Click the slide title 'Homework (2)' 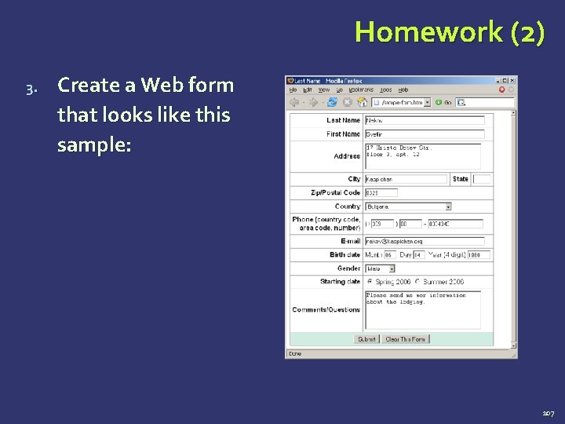[449, 32]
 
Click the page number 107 [548, 411]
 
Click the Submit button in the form [366, 339]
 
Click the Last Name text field [424, 120]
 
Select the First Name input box [424, 134]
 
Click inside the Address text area [422, 155]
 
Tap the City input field [406, 179]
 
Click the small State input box [482, 179]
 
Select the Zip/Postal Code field [381, 192]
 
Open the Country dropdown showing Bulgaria [408, 207]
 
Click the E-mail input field [424, 241]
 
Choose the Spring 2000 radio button [370, 282]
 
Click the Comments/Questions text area [422, 309]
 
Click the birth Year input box [479, 255]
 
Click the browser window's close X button [512, 80]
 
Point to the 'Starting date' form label [340, 282]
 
